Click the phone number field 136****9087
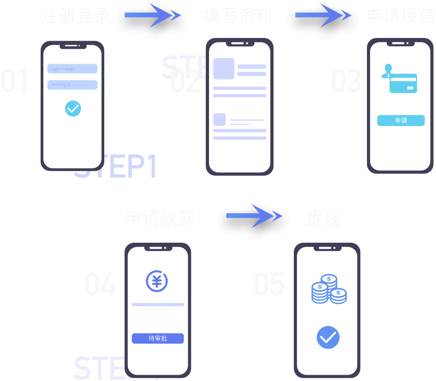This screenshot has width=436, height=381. pos(72,69)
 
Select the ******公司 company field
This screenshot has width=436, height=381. pos(72,85)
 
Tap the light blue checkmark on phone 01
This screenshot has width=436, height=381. pos(73,108)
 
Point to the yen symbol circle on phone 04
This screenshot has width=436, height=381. pos(157,281)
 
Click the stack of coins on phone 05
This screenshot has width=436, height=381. pos(329,290)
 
